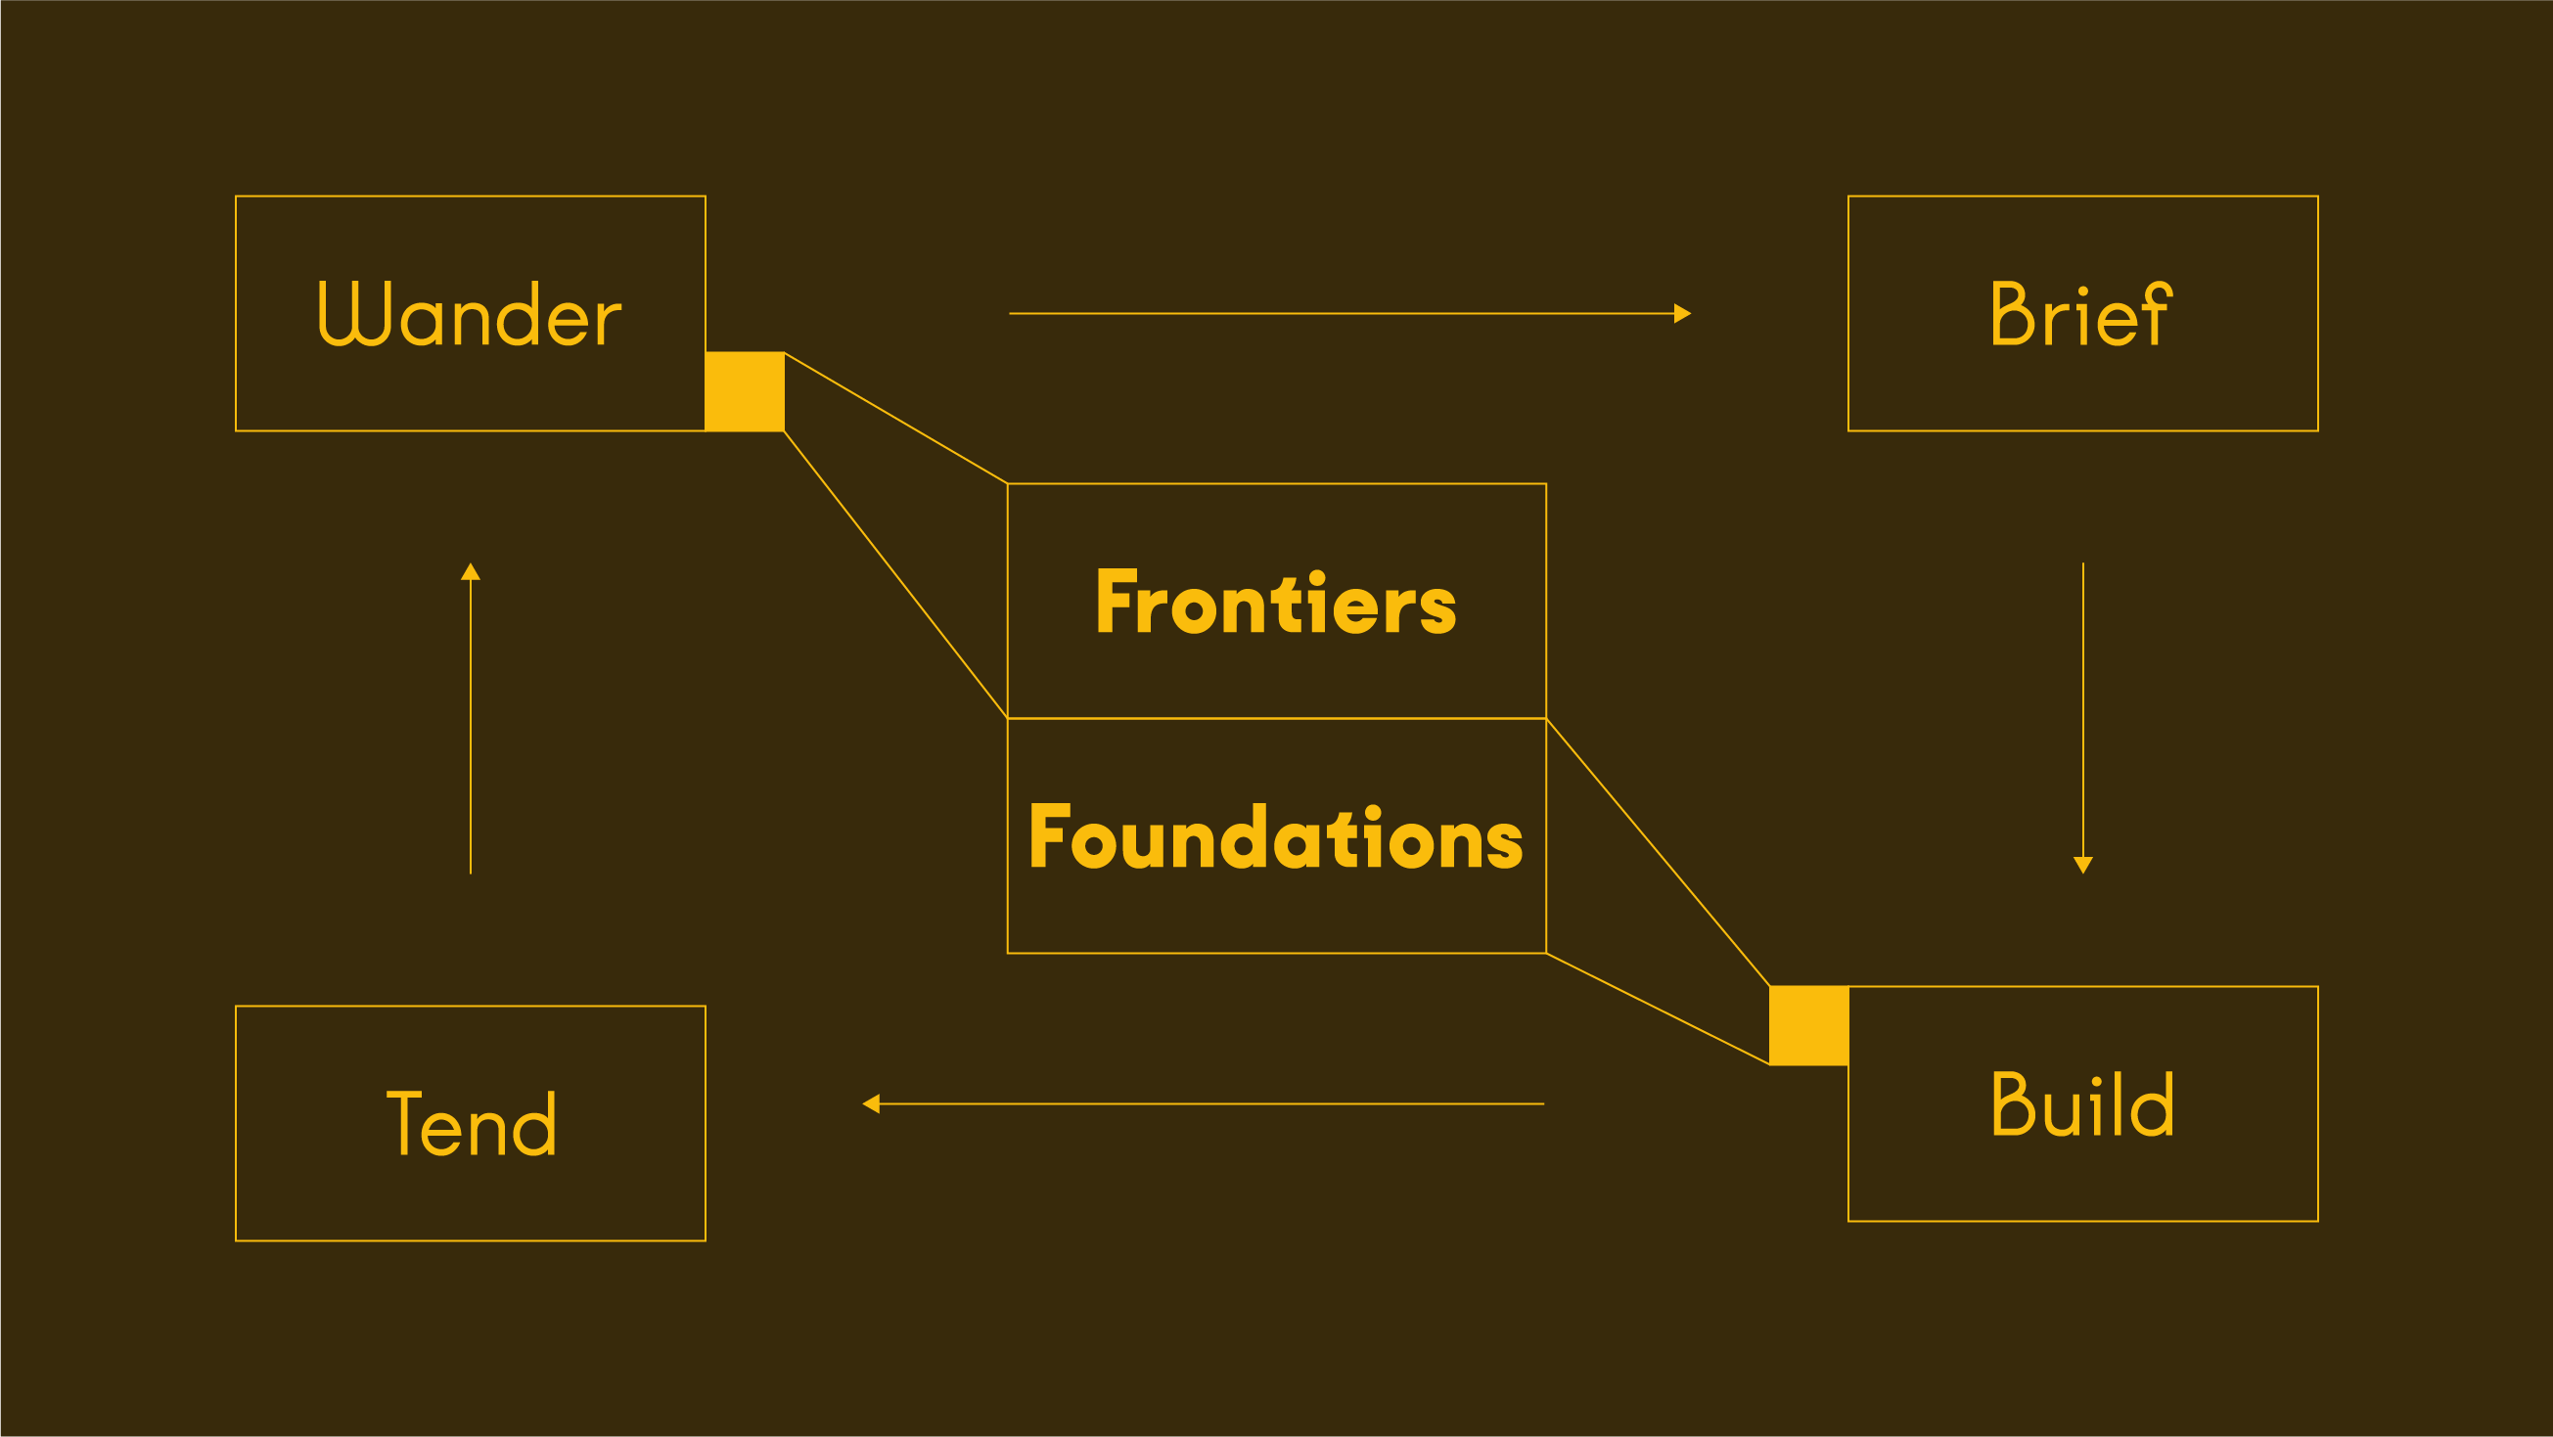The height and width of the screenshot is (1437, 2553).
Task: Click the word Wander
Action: (x=470, y=313)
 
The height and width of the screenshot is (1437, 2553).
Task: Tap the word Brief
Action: (x=2082, y=313)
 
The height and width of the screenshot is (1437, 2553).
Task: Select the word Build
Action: (x=2083, y=1103)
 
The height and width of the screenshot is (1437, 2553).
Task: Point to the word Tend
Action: (x=471, y=1123)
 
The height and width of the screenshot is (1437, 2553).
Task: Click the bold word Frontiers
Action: (x=1276, y=602)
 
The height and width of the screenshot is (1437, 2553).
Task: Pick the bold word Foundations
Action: (x=1276, y=836)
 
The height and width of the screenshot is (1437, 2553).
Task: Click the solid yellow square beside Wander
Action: (x=745, y=391)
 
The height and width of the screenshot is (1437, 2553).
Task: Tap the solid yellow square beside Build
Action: (x=1808, y=1026)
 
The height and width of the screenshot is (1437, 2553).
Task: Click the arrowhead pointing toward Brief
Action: (x=1683, y=313)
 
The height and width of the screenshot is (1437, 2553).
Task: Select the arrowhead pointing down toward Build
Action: (x=2083, y=865)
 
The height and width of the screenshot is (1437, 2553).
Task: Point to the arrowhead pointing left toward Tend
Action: (x=871, y=1103)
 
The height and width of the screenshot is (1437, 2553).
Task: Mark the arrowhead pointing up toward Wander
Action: (x=471, y=571)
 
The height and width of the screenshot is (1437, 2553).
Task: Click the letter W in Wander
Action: (x=355, y=313)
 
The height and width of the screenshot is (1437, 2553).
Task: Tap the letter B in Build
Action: (x=2013, y=1103)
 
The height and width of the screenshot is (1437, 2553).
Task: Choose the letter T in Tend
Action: (x=403, y=1123)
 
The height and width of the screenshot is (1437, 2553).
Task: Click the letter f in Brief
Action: (x=2157, y=313)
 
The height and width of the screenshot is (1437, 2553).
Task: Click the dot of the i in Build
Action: (x=2096, y=1081)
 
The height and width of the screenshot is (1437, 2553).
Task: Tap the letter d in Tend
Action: (x=534, y=1124)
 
